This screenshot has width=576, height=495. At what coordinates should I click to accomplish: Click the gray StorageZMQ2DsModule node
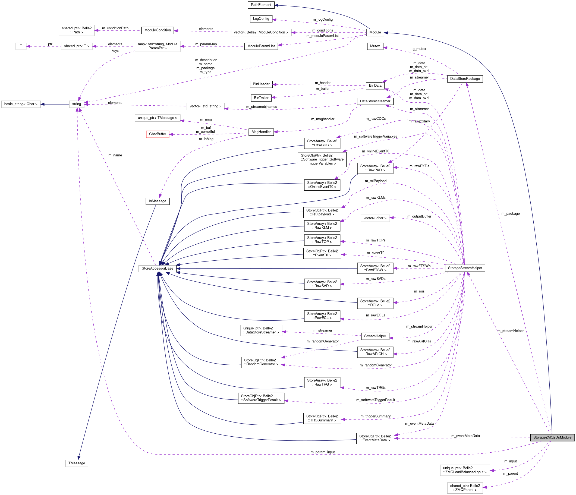(x=552, y=437)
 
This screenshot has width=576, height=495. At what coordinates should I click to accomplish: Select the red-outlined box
(x=158, y=134)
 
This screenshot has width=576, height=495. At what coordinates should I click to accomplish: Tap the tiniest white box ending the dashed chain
(x=21, y=46)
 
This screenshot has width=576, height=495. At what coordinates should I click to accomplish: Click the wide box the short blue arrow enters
(x=21, y=104)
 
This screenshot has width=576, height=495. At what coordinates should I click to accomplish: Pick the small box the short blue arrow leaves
(x=77, y=104)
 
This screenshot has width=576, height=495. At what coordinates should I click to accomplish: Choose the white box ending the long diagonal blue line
(x=77, y=463)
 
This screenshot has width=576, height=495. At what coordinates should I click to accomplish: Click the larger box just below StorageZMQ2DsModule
(x=465, y=470)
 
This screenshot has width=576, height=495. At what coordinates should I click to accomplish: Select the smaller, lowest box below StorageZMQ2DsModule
(x=465, y=488)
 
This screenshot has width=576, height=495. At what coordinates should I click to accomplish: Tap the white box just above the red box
(x=157, y=118)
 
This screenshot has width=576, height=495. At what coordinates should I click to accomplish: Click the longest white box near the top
(x=261, y=33)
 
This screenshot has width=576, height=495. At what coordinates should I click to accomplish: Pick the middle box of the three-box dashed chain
(x=77, y=46)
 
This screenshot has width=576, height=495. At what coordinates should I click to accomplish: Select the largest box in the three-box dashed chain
(x=157, y=46)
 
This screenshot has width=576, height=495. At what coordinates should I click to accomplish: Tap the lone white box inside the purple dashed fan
(x=375, y=219)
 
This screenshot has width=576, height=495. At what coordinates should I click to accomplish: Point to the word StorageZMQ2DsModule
(x=552, y=437)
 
